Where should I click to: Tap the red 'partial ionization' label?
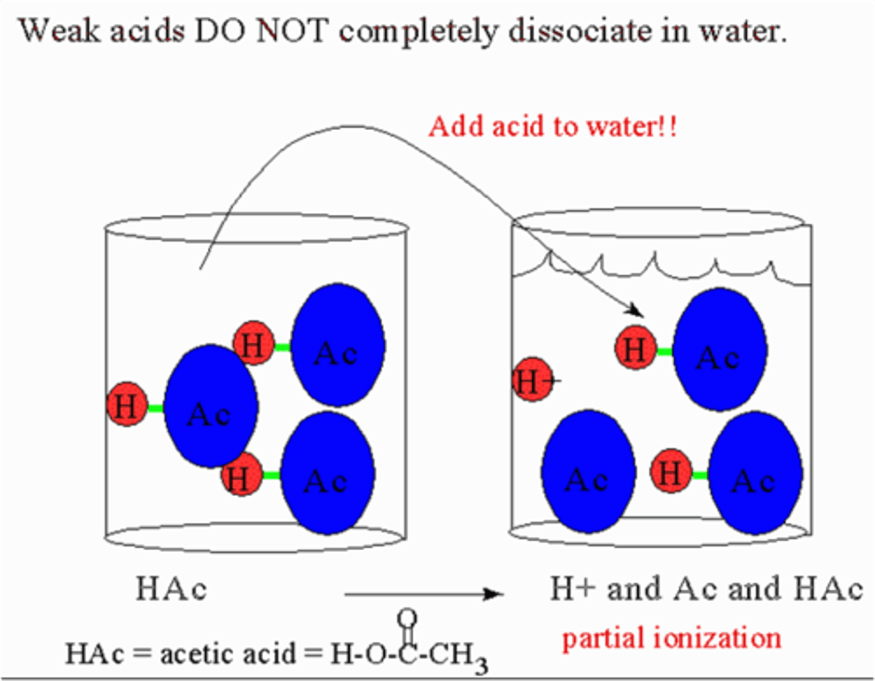(671, 639)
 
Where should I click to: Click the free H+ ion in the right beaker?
(533, 380)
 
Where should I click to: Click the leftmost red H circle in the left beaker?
(126, 404)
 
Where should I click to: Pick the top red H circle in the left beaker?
(253, 344)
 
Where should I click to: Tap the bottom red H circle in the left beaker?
(241, 475)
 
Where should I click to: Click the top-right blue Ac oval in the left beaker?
(337, 345)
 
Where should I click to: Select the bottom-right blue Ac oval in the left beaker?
(328, 474)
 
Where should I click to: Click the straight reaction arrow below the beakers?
(424, 594)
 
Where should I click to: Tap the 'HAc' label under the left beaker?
(171, 589)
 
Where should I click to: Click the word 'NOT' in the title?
(292, 30)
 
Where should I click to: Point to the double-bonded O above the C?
(407, 619)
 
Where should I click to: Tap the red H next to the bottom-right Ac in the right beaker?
(670, 472)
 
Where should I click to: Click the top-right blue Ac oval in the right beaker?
(719, 350)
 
